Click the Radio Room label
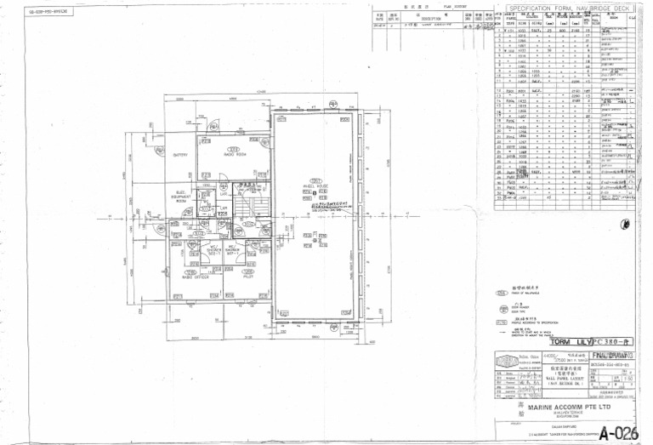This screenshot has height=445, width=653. [235, 155]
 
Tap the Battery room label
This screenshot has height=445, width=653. [180, 156]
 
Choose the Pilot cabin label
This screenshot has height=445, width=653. [248, 277]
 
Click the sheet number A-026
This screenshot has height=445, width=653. [616, 431]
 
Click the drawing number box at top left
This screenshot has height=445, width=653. [49, 12]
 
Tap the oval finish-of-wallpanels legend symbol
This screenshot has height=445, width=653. [503, 294]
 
